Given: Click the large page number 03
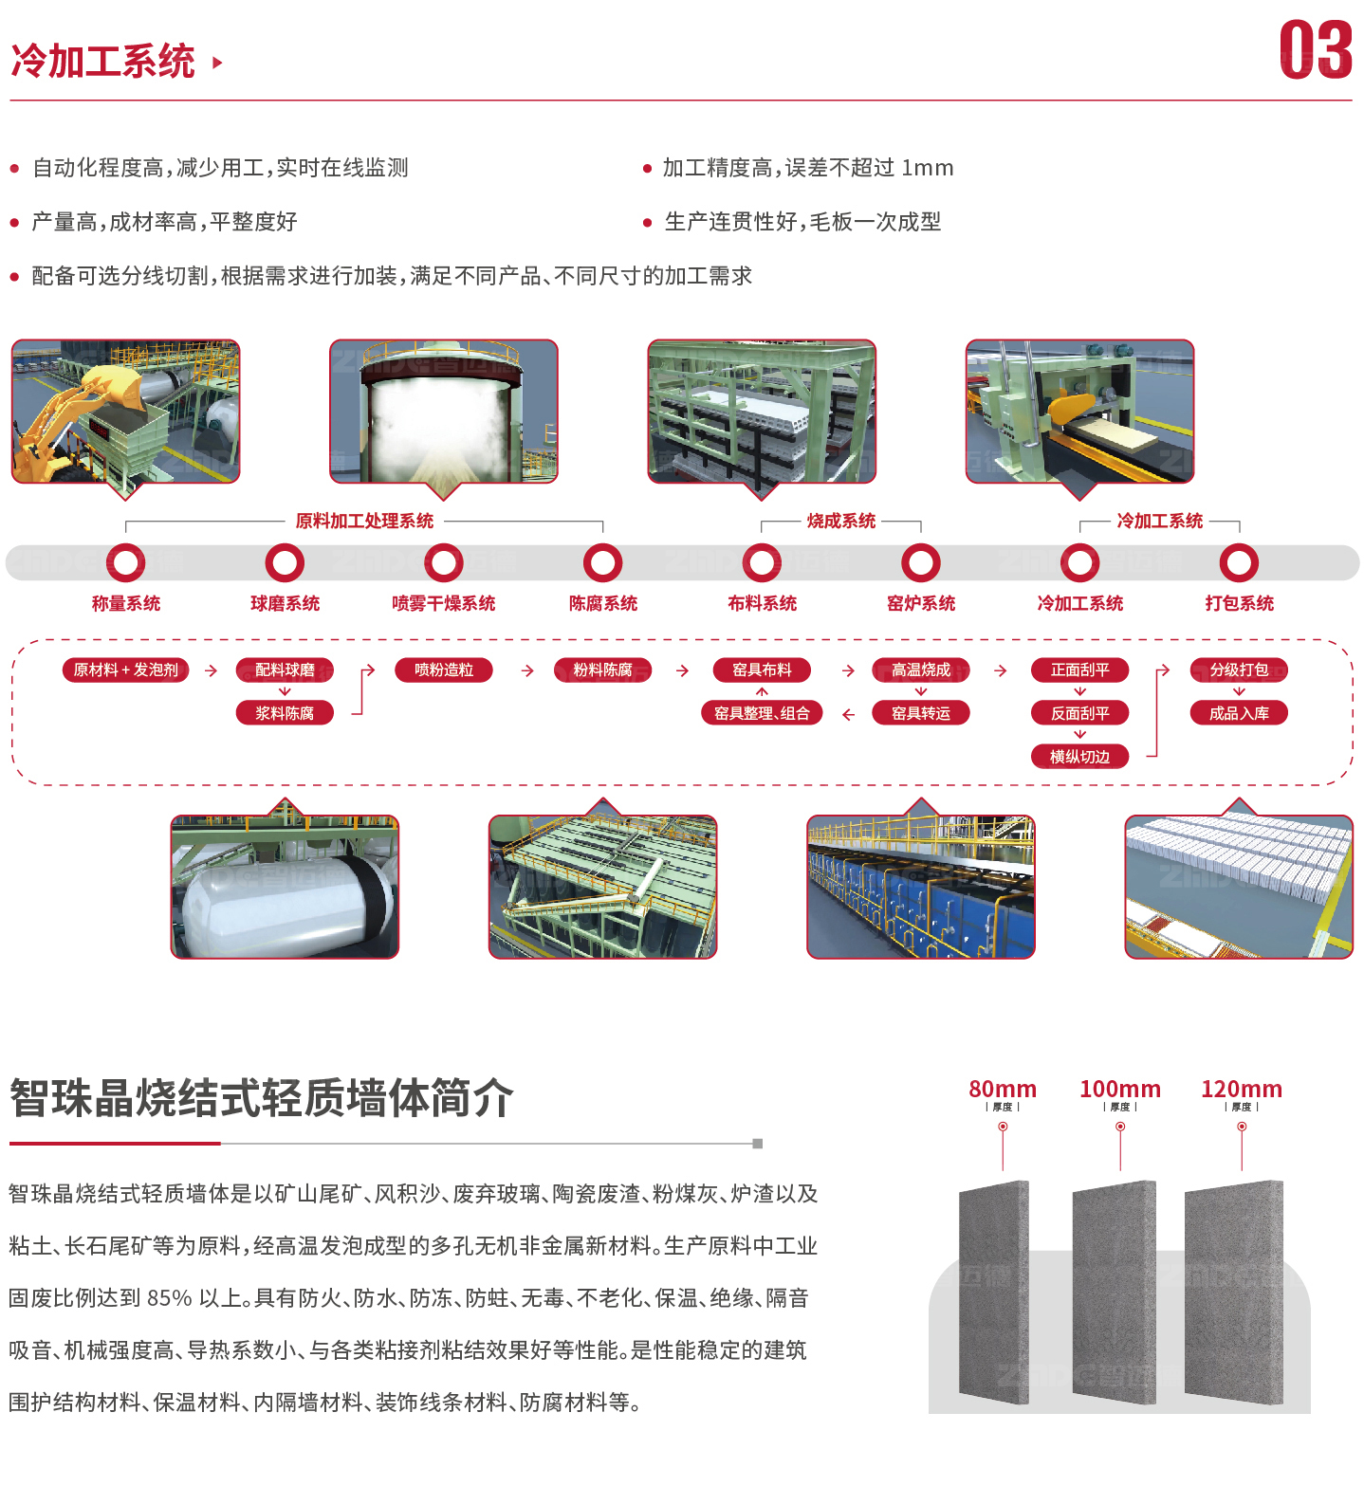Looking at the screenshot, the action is point(1316,50).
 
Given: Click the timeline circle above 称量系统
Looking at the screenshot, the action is point(126,562).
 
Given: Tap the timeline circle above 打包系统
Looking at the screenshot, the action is point(1239,562).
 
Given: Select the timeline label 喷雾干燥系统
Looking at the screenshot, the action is point(444,603).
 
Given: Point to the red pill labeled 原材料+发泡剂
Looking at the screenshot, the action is point(126,670).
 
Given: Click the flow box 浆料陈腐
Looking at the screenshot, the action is point(285,713).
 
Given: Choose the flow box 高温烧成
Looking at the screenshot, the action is point(921,670).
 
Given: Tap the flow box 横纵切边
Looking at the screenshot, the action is point(1079,757).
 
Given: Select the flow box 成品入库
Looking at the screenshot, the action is point(1239,713).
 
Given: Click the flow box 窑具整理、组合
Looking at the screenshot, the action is point(762,713).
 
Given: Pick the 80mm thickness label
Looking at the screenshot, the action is point(1003,1089).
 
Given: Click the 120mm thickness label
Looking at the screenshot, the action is point(1242,1089).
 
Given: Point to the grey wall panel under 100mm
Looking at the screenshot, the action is point(1115,1293).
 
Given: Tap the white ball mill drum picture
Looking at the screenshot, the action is point(285,887).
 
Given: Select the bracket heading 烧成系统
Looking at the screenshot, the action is point(841,521).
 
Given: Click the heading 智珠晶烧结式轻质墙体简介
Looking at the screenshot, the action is point(262,1098).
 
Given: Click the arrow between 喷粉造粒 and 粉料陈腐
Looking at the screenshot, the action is point(527,670).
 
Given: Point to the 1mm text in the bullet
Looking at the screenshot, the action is point(928,168).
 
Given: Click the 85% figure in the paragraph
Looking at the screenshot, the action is point(170,1298).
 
